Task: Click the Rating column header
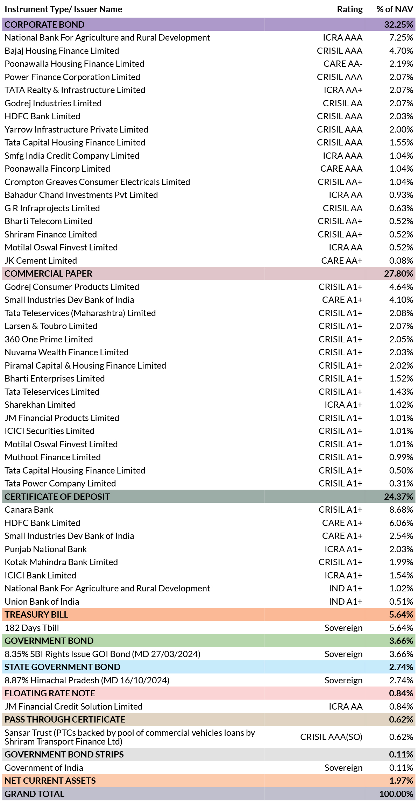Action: pos(350,9)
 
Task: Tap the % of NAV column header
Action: pos(395,9)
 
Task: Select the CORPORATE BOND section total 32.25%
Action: pos(399,24)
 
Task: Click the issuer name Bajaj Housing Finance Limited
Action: pos(62,51)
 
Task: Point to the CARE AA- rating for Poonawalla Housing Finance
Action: pos(343,64)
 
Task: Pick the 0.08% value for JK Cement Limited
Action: pos(401,261)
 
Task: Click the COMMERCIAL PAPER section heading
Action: pos(49,274)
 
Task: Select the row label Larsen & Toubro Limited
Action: pos(51,326)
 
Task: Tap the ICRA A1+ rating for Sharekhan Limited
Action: pos(343,405)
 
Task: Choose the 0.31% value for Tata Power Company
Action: pos(401,484)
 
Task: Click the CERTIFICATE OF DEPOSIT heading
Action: pos(57,497)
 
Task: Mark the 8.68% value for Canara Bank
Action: pos(401,510)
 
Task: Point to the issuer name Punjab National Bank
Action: pos(46,549)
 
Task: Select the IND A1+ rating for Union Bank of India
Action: pos(346,602)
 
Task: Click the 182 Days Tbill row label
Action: pos(32,628)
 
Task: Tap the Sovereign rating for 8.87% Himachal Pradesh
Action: pos(343,681)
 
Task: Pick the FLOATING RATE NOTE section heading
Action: pos(50,693)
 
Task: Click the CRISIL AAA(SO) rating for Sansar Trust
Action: pos(331,737)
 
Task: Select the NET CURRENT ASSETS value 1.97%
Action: pos(401,781)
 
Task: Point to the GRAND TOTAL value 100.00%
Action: pos(396,794)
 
